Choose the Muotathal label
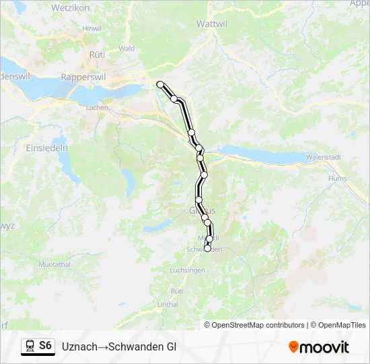54,264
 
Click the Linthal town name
168,305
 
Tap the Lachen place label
98,107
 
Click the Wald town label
126,49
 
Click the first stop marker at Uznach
160,84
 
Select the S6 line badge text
45,346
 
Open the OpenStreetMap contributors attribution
254,325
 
